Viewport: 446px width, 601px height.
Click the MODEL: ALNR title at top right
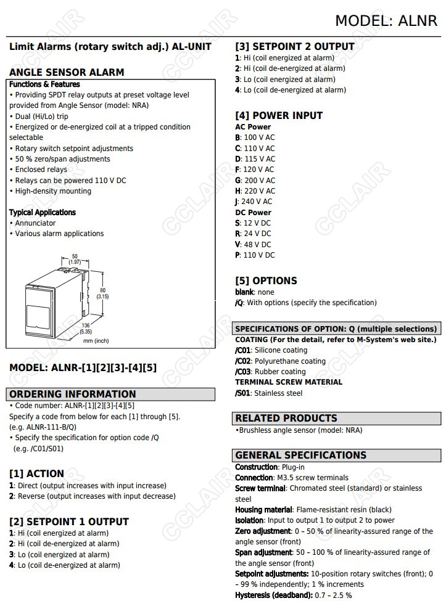[386, 20]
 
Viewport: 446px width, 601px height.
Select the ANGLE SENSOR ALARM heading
[67, 72]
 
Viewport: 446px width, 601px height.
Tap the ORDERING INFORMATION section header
[72, 394]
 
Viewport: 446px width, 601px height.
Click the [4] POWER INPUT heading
[279, 115]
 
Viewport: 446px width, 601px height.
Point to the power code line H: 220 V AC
[255, 191]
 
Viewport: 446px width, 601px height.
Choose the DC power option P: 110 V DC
[255, 255]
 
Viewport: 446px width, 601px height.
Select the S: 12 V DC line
[253, 223]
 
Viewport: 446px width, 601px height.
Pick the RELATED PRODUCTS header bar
[286, 419]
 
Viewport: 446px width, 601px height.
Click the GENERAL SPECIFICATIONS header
[300, 456]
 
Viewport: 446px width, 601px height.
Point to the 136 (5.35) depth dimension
[85, 329]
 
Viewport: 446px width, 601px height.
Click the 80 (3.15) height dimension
[102, 293]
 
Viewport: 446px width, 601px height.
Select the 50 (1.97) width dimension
[75, 259]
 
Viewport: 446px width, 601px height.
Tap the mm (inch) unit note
[96, 341]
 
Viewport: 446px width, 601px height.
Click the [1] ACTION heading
[36, 473]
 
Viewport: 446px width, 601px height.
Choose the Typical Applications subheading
[43, 213]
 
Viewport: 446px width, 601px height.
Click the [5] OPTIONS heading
[266, 280]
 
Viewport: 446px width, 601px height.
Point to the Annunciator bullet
[35, 223]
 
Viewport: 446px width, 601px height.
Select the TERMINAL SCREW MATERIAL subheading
[289, 382]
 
